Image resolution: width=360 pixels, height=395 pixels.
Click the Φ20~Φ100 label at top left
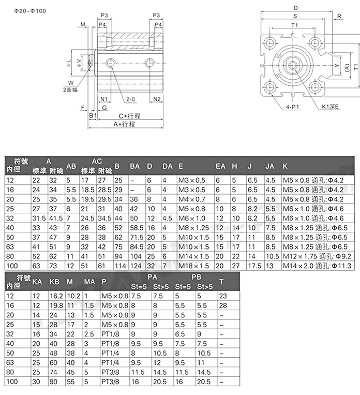click(30, 11)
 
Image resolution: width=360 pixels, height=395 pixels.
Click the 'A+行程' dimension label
click(124, 124)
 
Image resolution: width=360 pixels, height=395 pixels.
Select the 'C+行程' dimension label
click(129, 116)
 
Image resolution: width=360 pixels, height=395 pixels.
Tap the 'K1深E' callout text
click(330, 107)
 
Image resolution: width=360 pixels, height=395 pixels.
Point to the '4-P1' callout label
click(292, 107)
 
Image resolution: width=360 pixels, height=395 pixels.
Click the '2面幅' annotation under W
click(70, 90)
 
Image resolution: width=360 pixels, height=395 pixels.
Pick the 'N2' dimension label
click(157, 99)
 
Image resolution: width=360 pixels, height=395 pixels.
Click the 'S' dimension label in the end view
click(295, 16)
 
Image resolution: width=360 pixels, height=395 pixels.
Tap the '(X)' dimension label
click(348, 67)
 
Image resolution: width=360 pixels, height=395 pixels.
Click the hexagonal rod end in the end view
click(292, 65)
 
